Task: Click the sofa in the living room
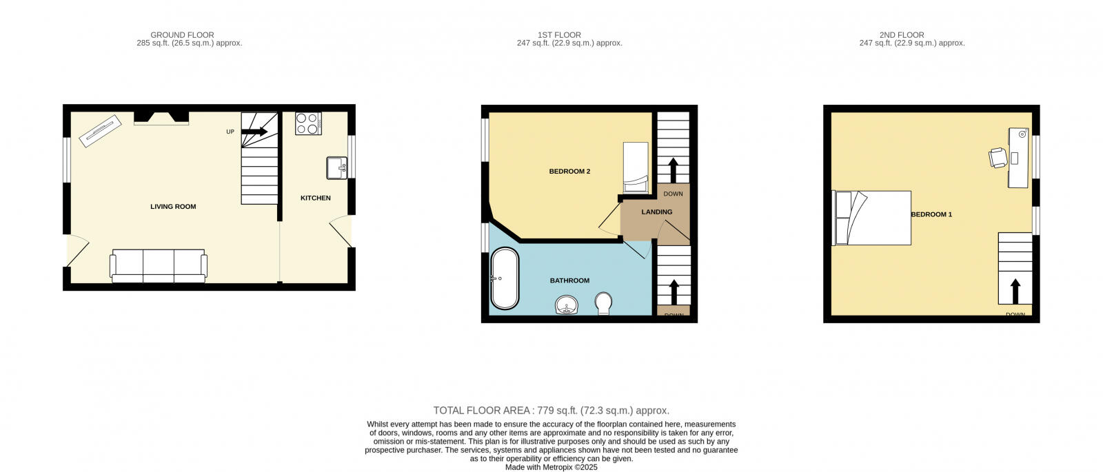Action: click(159, 265)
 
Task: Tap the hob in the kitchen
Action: click(308, 123)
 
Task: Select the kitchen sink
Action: click(336, 167)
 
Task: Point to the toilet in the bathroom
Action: click(603, 302)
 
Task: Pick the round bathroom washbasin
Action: click(567, 305)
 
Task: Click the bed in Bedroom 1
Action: click(873, 218)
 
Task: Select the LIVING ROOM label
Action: click(173, 207)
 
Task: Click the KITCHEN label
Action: click(316, 198)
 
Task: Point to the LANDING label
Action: click(656, 212)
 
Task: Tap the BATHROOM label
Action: click(569, 281)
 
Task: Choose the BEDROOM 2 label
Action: click(569, 172)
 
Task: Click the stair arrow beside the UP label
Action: click(254, 132)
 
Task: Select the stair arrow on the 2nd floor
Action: click(1015, 291)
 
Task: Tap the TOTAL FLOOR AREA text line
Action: click(551, 411)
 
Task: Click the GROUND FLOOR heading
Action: click(182, 35)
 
